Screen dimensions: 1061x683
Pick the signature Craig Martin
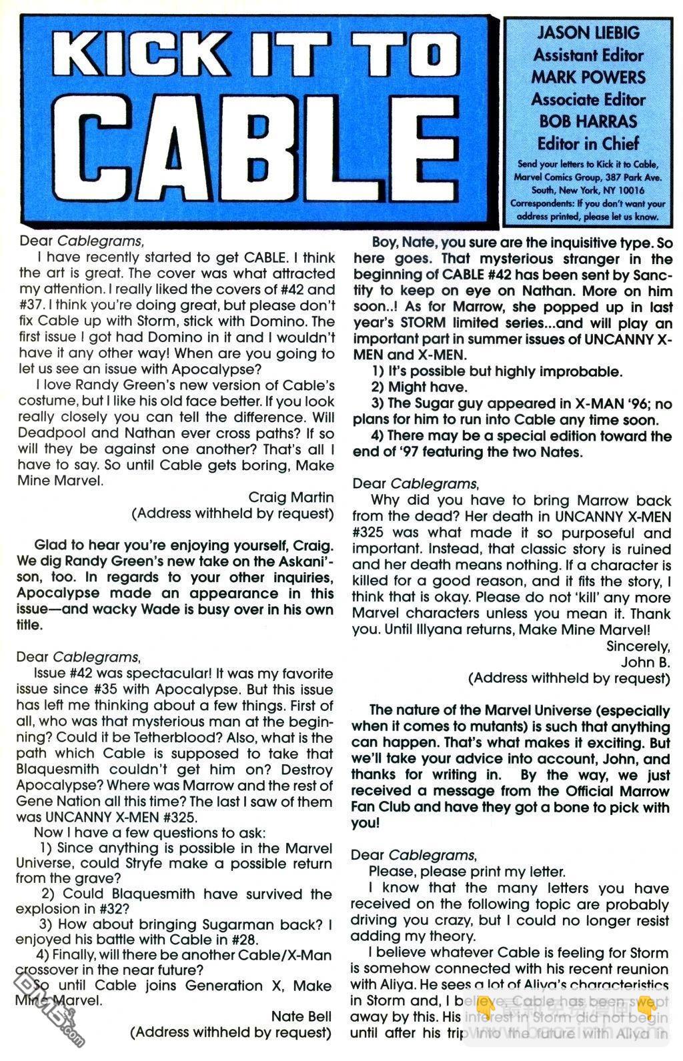click(x=291, y=497)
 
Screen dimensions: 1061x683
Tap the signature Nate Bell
click(x=301, y=1016)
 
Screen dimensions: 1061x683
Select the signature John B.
click(x=645, y=662)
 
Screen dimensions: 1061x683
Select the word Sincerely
click(x=638, y=646)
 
